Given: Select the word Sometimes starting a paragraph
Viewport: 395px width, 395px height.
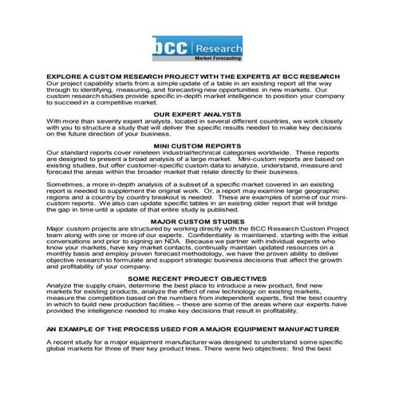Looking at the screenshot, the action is (65, 183).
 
